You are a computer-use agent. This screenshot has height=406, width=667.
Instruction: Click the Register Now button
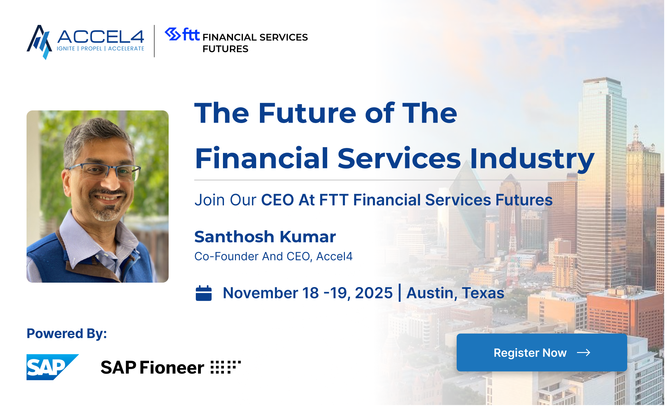click(542, 352)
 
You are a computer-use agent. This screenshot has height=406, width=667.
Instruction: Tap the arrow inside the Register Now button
click(583, 353)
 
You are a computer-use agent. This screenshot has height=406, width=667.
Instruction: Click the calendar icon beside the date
click(204, 293)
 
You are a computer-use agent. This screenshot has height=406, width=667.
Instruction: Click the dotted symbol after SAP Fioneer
click(226, 367)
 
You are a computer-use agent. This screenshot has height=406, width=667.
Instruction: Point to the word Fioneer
click(172, 368)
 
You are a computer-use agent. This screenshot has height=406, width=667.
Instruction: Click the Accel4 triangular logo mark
click(39, 42)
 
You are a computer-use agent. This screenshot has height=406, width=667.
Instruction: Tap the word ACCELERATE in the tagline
click(126, 49)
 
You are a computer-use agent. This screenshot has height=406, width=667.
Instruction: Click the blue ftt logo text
click(191, 34)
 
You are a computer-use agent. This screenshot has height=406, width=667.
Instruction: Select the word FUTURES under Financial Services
click(225, 49)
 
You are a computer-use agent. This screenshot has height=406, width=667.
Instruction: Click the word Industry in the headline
click(532, 159)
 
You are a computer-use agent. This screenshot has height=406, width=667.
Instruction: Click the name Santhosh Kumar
click(265, 237)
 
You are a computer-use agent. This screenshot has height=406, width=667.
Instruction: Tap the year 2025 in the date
click(374, 293)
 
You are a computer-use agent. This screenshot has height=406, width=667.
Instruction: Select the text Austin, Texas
click(455, 293)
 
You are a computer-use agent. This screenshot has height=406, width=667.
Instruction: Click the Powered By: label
click(67, 334)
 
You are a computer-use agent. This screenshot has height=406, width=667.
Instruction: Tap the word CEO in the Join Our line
click(278, 200)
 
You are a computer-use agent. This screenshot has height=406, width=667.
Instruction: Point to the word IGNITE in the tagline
click(66, 49)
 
